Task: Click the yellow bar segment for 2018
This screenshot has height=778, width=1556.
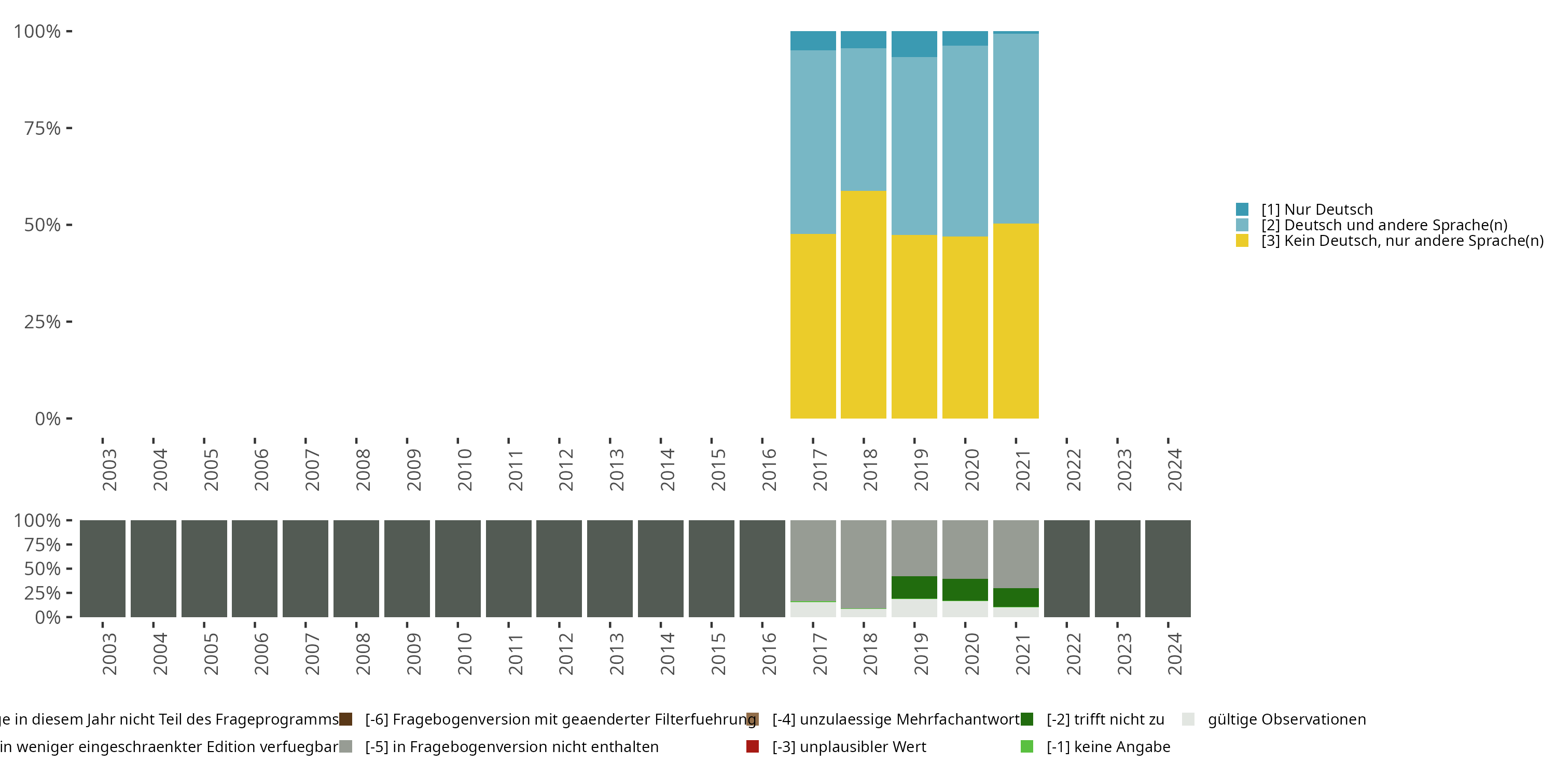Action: click(x=863, y=304)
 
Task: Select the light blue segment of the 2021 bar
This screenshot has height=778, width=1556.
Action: click(x=1016, y=128)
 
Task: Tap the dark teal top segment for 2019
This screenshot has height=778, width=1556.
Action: click(x=914, y=44)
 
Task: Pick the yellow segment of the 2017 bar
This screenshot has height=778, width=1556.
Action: click(x=813, y=326)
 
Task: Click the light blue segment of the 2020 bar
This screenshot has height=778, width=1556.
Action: click(x=965, y=141)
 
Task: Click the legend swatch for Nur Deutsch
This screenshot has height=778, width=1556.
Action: click(x=1242, y=210)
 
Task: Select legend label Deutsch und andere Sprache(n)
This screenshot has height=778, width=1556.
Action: click(x=1384, y=225)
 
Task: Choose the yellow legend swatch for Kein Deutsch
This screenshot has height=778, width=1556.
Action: click(x=1242, y=241)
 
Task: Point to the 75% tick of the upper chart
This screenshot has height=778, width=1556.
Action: click(x=43, y=128)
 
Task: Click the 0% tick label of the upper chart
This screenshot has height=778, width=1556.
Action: click(x=48, y=419)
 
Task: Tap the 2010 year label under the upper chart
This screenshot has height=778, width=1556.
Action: click(x=464, y=469)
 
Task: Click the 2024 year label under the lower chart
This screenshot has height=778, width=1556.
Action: click(x=1174, y=654)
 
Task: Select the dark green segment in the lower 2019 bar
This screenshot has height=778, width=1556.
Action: click(x=914, y=587)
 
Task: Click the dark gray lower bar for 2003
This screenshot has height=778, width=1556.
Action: click(x=103, y=568)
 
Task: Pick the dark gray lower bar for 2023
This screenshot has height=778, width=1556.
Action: click(x=1117, y=568)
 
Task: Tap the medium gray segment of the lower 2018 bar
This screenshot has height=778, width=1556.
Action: click(x=863, y=564)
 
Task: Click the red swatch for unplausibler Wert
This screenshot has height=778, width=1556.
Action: click(x=753, y=746)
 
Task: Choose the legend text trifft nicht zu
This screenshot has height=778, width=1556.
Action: click(x=1105, y=719)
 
